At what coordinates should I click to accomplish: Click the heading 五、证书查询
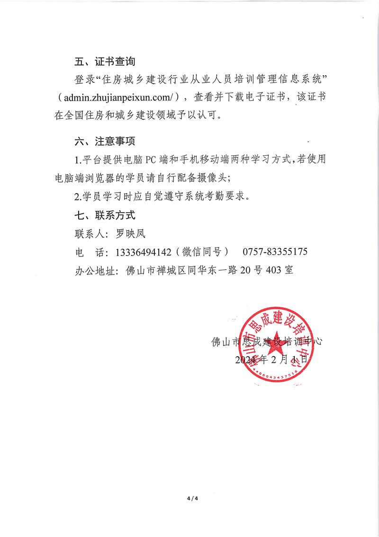105,62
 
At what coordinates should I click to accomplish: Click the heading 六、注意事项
105,141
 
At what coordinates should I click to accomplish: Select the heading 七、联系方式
105,215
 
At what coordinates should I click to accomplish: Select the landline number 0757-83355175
275,252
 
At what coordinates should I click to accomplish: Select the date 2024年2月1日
271,360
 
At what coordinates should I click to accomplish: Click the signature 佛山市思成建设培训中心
268,341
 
